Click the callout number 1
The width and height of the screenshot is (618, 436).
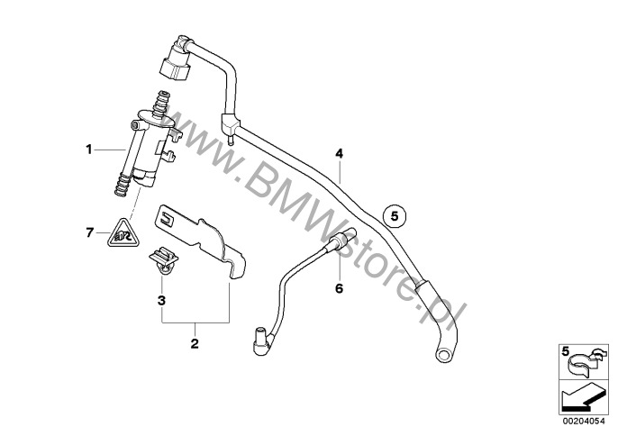pos(89,150)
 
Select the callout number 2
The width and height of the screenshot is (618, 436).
pos(195,343)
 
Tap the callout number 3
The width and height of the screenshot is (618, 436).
pos(161,301)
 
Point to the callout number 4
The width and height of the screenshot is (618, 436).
pos(340,154)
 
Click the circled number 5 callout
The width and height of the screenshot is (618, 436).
pos(395,216)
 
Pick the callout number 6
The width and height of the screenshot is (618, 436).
pos(340,288)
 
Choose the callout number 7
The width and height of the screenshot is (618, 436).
pos(90,233)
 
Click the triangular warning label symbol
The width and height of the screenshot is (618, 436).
pos(123,234)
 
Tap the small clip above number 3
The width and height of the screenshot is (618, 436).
pos(164,259)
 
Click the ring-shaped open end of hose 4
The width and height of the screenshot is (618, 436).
pos(444,354)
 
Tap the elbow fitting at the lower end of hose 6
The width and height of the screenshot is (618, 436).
pos(261,341)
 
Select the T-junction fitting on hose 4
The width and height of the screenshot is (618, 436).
pos(231,125)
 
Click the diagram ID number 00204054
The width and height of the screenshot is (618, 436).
pos(584,421)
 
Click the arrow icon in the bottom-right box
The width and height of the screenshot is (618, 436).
pos(583,397)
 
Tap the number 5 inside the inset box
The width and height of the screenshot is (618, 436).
pos(566,350)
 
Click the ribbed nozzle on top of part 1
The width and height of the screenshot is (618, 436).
pos(161,104)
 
